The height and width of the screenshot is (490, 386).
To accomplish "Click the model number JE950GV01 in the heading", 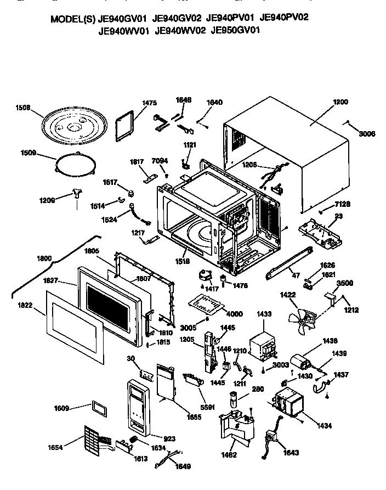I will pyautogui.click(x=236, y=31).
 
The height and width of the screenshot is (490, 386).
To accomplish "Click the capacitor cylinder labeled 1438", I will pyautogui.click(x=299, y=363).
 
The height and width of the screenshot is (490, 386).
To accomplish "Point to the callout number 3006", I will pyautogui.click(x=367, y=133).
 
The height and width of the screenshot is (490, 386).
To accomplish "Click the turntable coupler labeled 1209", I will pyautogui.click(x=77, y=193).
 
